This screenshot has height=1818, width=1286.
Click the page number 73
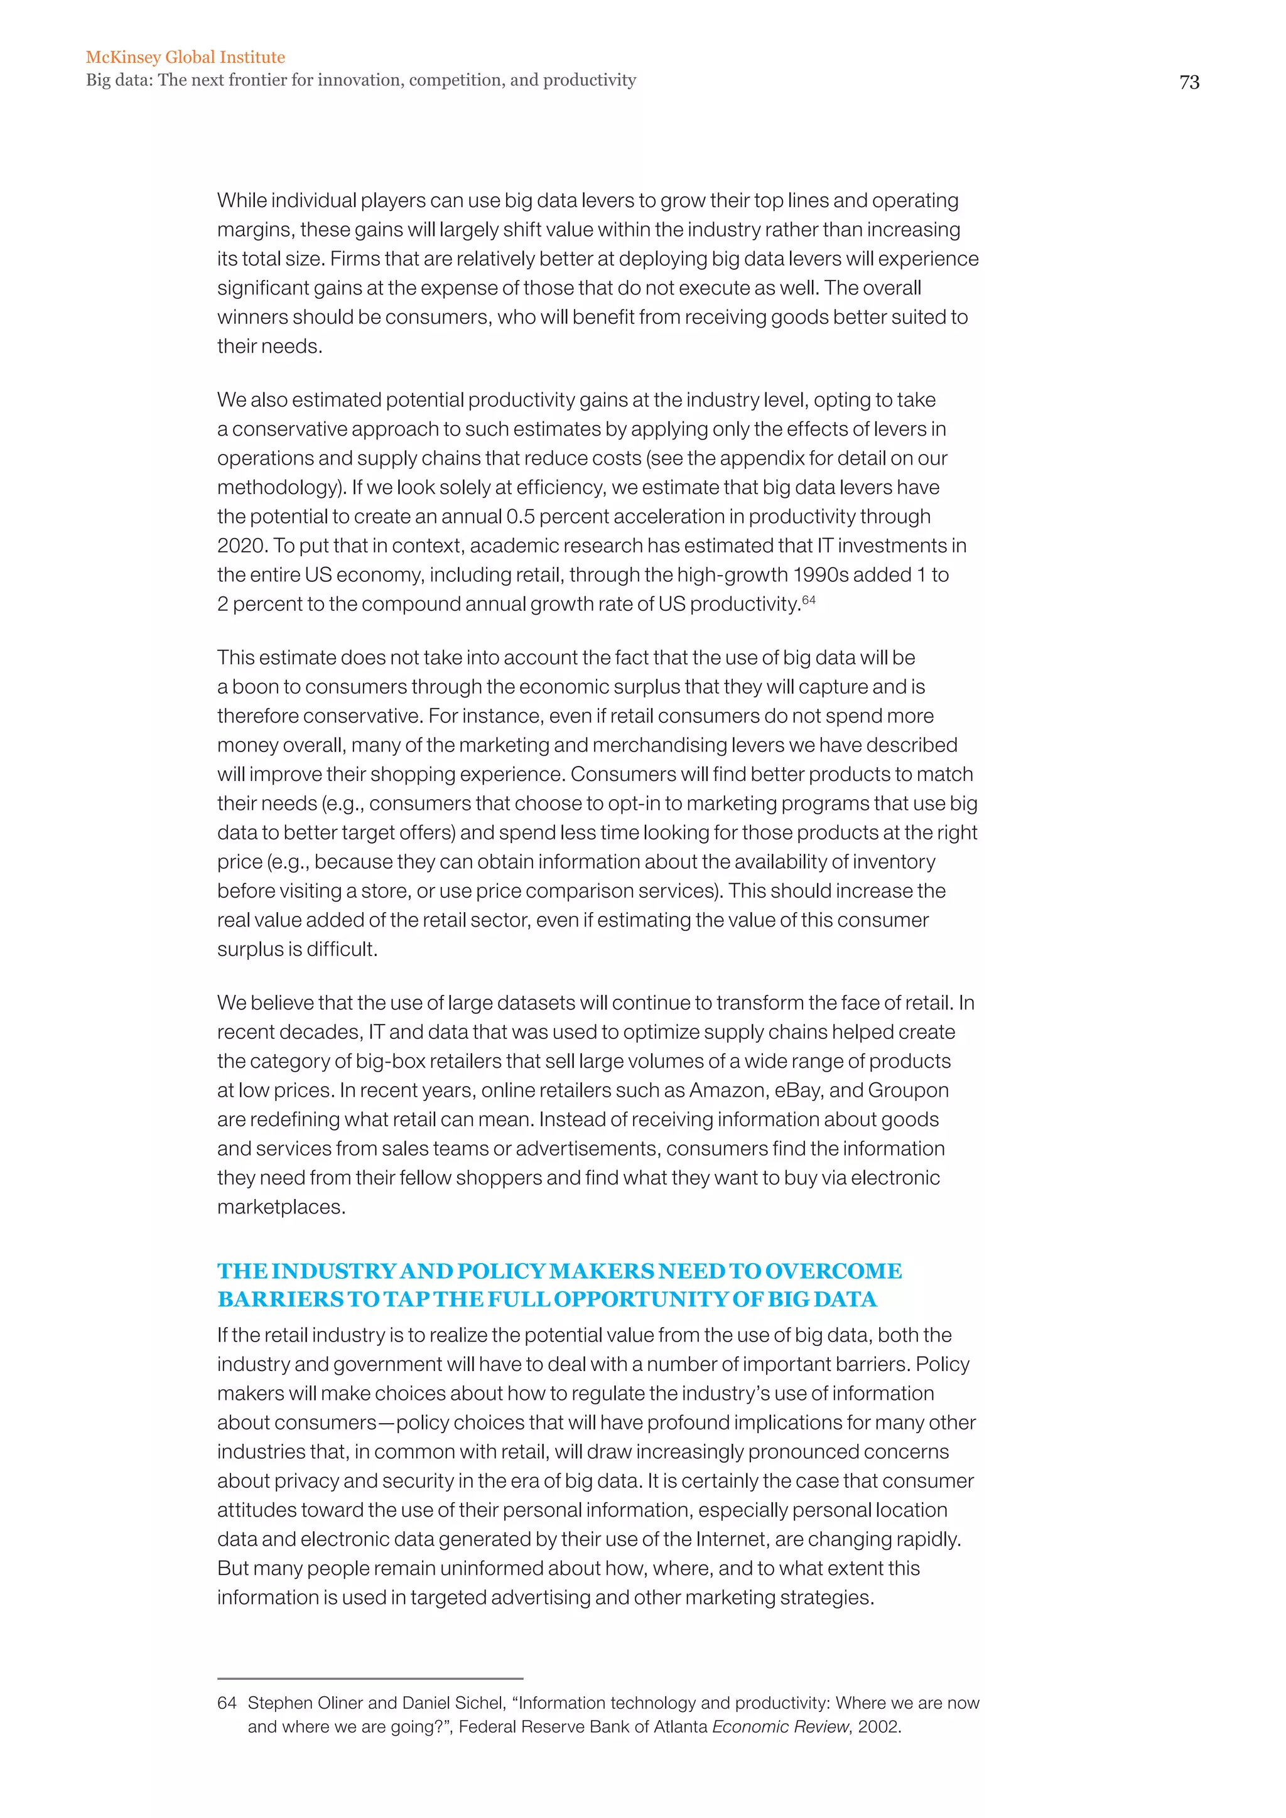coord(1189,82)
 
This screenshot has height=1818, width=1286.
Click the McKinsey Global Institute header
coord(185,57)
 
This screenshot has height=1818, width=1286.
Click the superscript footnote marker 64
coord(809,600)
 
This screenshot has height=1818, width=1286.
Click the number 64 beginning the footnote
coord(227,1702)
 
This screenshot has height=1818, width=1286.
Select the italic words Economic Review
coord(780,1726)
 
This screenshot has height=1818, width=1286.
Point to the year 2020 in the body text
coord(240,546)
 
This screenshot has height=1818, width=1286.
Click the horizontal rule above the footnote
coord(370,1678)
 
